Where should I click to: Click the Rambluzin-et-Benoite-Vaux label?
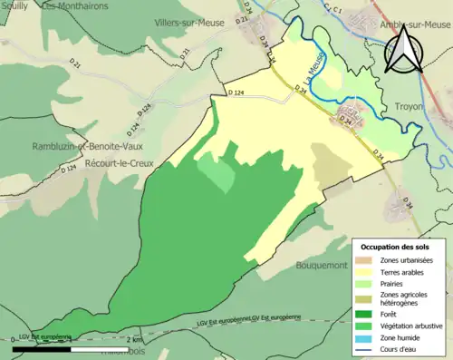(x=69, y=147)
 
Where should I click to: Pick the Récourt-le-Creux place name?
(x=119, y=164)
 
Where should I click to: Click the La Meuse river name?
(x=314, y=70)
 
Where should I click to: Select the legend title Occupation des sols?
(x=396, y=247)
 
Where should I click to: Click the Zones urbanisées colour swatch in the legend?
(x=369, y=260)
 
